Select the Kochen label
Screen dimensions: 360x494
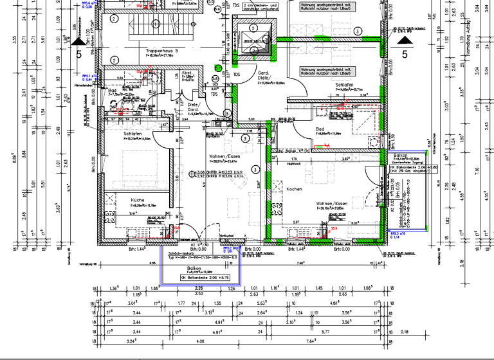tap(294, 190)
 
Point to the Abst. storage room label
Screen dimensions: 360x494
tap(187, 73)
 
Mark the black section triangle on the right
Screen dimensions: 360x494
tap(405, 40)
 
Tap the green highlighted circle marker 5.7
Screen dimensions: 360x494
tap(219, 67)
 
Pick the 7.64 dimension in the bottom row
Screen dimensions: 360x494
tap(310, 341)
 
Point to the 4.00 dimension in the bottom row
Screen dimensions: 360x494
tap(200, 341)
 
